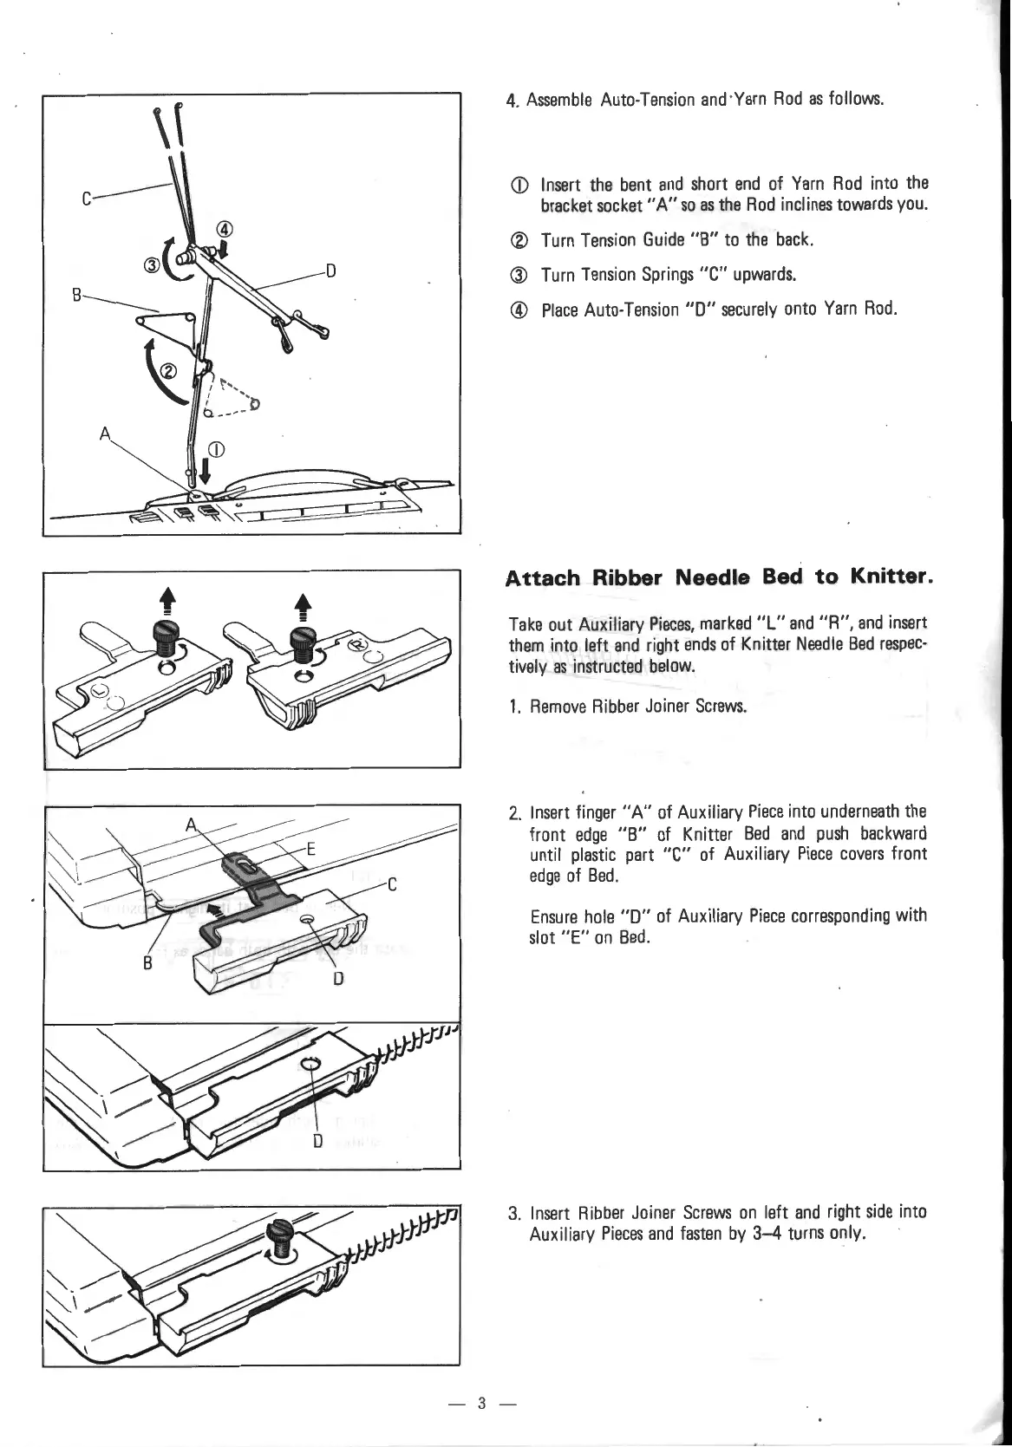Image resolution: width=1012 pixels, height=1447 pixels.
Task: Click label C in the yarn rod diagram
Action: [87, 199]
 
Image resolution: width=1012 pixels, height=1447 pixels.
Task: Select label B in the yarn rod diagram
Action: [77, 295]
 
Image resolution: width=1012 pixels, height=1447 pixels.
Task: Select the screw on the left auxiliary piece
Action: [165, 643]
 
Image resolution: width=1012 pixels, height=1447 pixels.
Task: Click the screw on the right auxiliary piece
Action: [299, 646]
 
